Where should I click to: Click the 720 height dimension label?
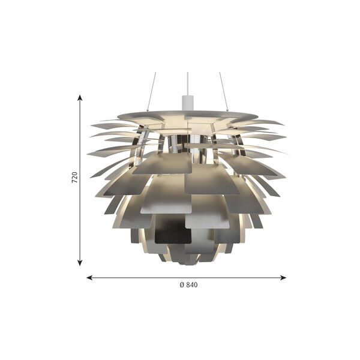[74, 177]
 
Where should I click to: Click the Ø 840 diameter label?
[188, 285]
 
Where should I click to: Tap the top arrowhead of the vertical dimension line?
[80, 98]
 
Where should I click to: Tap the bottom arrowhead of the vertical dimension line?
[80, 262]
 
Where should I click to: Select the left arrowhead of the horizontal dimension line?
[90, 278]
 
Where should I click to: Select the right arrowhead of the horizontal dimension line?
[283, 278]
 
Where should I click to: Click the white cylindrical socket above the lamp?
[188, 103]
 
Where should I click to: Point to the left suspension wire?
[152, 92]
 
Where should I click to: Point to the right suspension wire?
[224, 92]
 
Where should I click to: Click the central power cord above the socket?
[188, 84]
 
